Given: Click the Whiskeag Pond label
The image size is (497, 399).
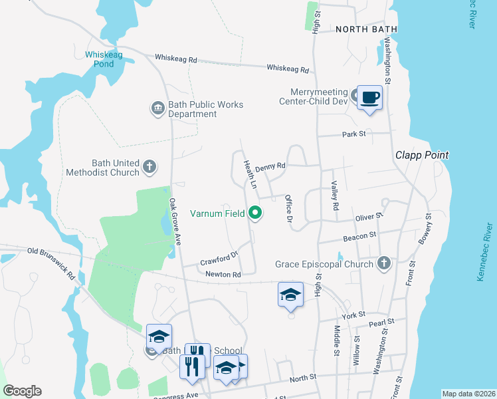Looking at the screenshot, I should tap(100, 59).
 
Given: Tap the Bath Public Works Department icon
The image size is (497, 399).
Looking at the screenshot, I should tap(157, 108).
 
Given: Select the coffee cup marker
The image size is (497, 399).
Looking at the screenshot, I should tap(370, 98).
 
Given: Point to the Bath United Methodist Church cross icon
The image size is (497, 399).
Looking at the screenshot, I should tap(150, 166).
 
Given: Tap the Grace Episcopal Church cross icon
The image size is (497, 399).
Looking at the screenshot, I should tap(383, 264).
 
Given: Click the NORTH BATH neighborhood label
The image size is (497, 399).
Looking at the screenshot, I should tap(366, 29).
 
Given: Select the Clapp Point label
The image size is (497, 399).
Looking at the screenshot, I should tap(422, 155).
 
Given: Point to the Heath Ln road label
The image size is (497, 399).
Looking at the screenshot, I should tap(249, 174).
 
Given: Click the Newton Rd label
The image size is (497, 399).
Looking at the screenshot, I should tap(223, 274).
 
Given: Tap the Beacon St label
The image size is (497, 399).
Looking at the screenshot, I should tap(360, 235).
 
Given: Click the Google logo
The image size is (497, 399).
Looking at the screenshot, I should tap(22, 391).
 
